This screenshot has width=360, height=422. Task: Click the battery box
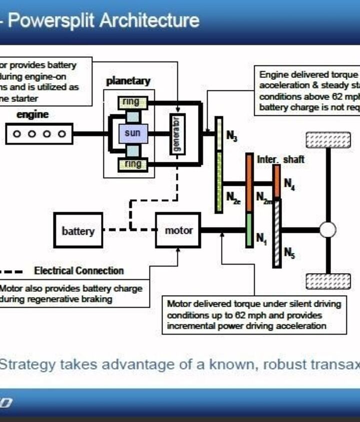pyautogui.click(x=78, y=231)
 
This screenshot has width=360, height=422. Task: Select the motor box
pyautogui.click(x=178, y=230)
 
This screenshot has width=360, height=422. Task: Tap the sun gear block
pyautogui.click(x=132, y=133)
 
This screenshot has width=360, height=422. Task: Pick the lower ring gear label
pyautogui.click(x=132, y=164)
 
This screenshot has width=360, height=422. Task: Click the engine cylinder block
pyautogui.click(x=39, y=134)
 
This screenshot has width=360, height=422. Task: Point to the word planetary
pyautogui.click(x=128, y=81)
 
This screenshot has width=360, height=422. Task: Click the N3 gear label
pyautogui.click(x=231, y=135)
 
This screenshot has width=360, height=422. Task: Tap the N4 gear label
pyautogui.click(x=289, y=185)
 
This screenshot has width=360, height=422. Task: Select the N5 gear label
pyautogui.click(x=289, y=253)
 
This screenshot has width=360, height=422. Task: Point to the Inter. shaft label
pyautogui.click(x=280, y=159)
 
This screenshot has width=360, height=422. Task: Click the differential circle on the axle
pyautogui.click(x=327, y=230)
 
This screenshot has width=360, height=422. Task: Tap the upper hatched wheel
pyautogui.click(x=327, y=140)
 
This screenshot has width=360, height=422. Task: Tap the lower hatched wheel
pyautogui.click(x=327, y=281)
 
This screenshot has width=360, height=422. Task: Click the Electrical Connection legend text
pyautogui.click(x=78, y=271)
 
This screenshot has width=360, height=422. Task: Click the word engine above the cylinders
pyautogui.click(x=32, y=114)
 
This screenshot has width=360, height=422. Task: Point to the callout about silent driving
pyautogui.click(x=254, y=315)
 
